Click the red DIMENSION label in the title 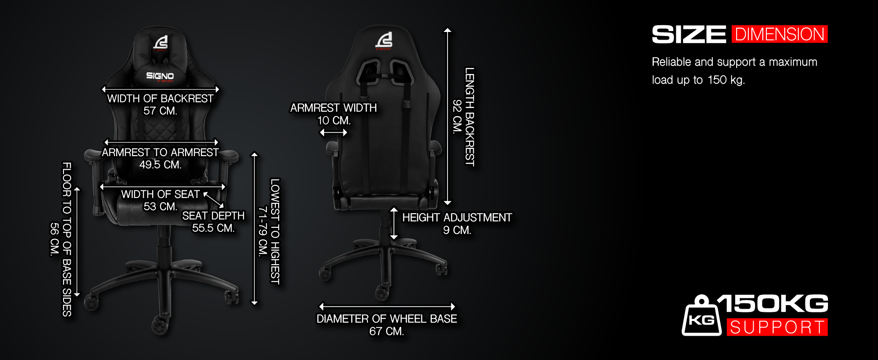pyautogui.click(x=779, y=34)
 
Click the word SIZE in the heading pyautogui.click(x=689, y=35)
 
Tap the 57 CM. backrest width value pyautogui.click(x=160, y=111)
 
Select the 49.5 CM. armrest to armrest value pyautogui.click(x=160, y=165)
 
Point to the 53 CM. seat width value pyautogui.click(x=160, y=207)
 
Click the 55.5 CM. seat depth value pyautogui.click(x=213, y=228)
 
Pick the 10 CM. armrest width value pyautogui.click(x=334, y=121)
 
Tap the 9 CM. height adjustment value pyautogui.click(x=457, y=230)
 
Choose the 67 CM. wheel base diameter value pyautogui.click(x=386, y=332)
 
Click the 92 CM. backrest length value pyautogui.click(x=457, y=117)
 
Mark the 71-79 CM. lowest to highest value pyautogui.click(x=263, y=231)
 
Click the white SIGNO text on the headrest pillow pyautogui.click(x=160, y=76)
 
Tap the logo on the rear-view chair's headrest pyautogui.click(x=384, y=40)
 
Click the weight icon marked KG pyautogui.click(x=701, y=318)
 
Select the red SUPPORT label pyautogui.click(x=777, y=327)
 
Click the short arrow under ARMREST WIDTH pyautogui.click(x=334, y=132)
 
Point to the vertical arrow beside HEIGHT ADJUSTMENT pyautogui.click(x=394, y=223)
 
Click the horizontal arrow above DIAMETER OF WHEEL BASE pyautogui.click(x=387, y=306)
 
